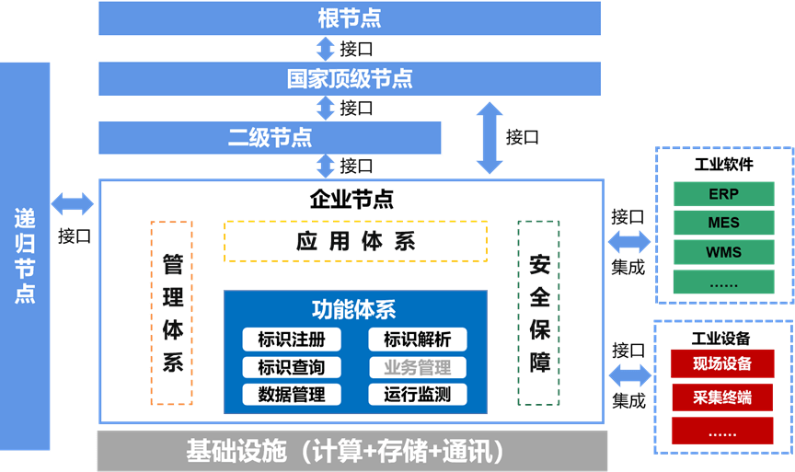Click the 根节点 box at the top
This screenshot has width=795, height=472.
click(x=349, y=17)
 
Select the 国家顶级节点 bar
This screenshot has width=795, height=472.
click(x=349, y=78)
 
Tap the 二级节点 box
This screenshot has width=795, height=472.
click(x=270, y=137)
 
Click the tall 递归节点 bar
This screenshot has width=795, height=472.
click(x=25, y=256)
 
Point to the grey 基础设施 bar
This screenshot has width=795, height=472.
click(x=351, y=451)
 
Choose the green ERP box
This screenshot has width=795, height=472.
click(x=723, y=195)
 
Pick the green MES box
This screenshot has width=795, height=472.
click(x=723, y=224)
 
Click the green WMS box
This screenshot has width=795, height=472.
click(x=723, y=252)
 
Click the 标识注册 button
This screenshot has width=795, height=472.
click(x=292, y=340)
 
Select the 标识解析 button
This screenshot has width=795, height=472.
click(x=417, y=340)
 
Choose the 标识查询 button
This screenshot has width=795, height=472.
click(x=292, y=367)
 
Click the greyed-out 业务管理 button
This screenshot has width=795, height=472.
click(x=417, y=368)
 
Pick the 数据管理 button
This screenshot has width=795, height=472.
click(x=292, y=395)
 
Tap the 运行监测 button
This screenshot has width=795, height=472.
click(x=417, y=395)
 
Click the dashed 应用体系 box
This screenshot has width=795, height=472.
click(x=355, y=241)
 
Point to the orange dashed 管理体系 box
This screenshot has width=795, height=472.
click(x=171, y=313)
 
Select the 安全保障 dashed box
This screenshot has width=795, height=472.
click(x=539, y=313)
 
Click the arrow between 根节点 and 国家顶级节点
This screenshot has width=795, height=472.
click(x=325, y=48)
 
